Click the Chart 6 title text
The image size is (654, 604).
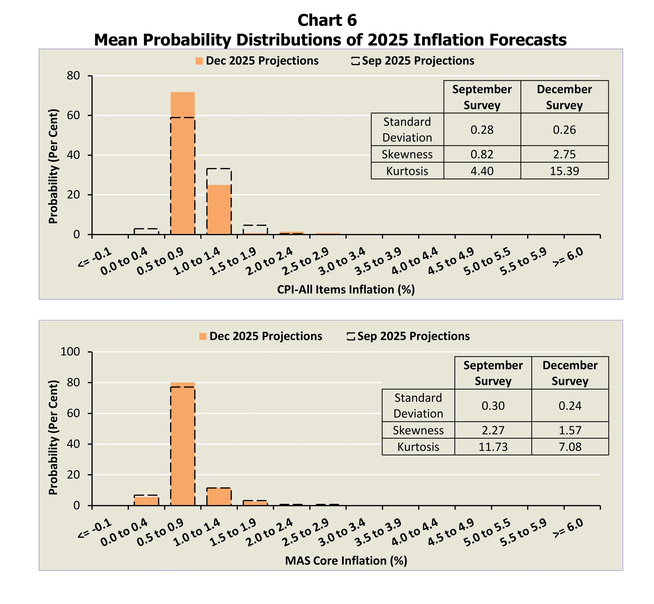[327, 20]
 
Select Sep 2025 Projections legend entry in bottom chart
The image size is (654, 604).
[408, 336]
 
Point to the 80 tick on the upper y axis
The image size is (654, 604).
[74, 76]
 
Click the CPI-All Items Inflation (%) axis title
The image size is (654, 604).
[346, 290]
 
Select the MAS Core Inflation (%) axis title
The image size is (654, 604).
[346, 561]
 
